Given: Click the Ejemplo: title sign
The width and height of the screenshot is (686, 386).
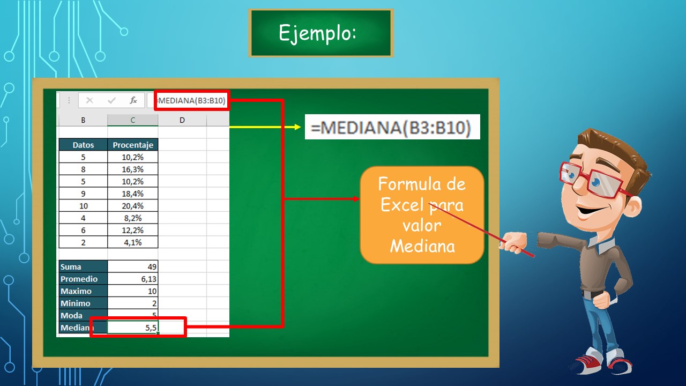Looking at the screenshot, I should click(x=320, y=33).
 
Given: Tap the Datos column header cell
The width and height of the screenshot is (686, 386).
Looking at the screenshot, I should click(x=83, y=145).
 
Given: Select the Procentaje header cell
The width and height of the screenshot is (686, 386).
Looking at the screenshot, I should click(x=133, y=145).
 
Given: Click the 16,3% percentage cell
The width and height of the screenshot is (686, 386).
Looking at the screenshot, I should click(x=133, y=169).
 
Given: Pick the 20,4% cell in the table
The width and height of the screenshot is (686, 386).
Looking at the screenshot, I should click(x=133, y=206).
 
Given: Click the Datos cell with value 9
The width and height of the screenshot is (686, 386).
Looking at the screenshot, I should click(x=83, y=194).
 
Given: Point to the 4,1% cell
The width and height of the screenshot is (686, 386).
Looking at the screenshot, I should click(x=133, y=242).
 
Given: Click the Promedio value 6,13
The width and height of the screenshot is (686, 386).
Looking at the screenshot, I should click(x=133, y=279).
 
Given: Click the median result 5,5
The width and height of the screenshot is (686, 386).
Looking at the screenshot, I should click(x=134, y=328).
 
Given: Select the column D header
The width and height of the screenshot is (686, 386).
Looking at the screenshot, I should click(x=182, y=120).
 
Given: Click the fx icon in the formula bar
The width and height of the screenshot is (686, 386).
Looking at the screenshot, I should click(x=133, y=100).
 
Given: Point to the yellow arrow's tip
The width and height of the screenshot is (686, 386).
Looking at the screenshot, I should click(x=301, y=127).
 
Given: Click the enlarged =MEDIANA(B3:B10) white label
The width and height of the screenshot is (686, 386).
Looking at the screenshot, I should click(x=392, y=127).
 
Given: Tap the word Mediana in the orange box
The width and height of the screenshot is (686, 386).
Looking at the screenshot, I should click(x=422, y=246).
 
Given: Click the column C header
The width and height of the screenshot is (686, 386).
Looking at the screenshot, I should click(x=133, y=120).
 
